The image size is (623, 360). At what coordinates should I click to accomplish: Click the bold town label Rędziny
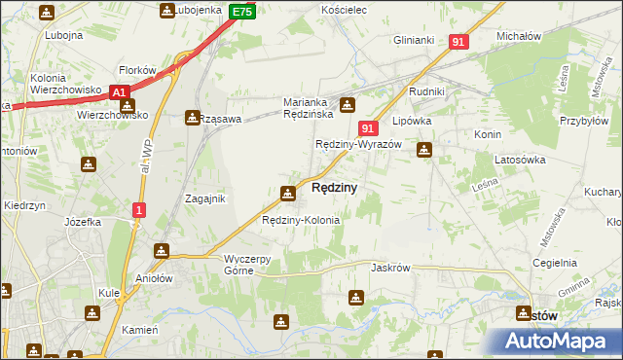click(334, 187)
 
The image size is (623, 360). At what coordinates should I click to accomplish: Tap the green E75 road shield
click(243, 12)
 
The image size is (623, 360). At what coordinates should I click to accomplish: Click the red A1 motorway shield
click(120, 91)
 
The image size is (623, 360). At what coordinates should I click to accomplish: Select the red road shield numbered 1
click(139, 209)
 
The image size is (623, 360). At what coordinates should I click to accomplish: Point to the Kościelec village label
click(342, 9)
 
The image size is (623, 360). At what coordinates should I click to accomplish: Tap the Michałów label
click(518, 36)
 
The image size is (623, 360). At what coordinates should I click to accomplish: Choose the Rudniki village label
click(427, 93)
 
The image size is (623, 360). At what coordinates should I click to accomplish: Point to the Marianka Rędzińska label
click(309, 108)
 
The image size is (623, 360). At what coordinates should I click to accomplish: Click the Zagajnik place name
click(205, 198)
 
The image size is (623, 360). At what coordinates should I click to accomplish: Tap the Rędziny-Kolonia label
click(301, 220)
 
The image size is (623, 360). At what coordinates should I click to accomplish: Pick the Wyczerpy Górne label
click(253, 265)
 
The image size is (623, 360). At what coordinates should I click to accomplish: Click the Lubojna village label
click(63, 35)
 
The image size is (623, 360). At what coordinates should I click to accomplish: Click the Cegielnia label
click(556, 263)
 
